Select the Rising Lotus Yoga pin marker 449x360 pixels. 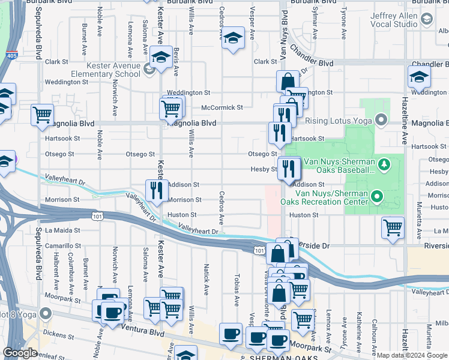point(379,121)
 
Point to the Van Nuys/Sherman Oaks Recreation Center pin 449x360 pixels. point(376,196)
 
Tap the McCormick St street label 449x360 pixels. point(222,108)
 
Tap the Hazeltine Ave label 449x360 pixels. point(405,129)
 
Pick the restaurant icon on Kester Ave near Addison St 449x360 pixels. point(154,190)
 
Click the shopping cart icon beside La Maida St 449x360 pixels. point(393,227)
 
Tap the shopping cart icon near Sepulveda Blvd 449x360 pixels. point(42,114)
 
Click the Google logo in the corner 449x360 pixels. point(20,353)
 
